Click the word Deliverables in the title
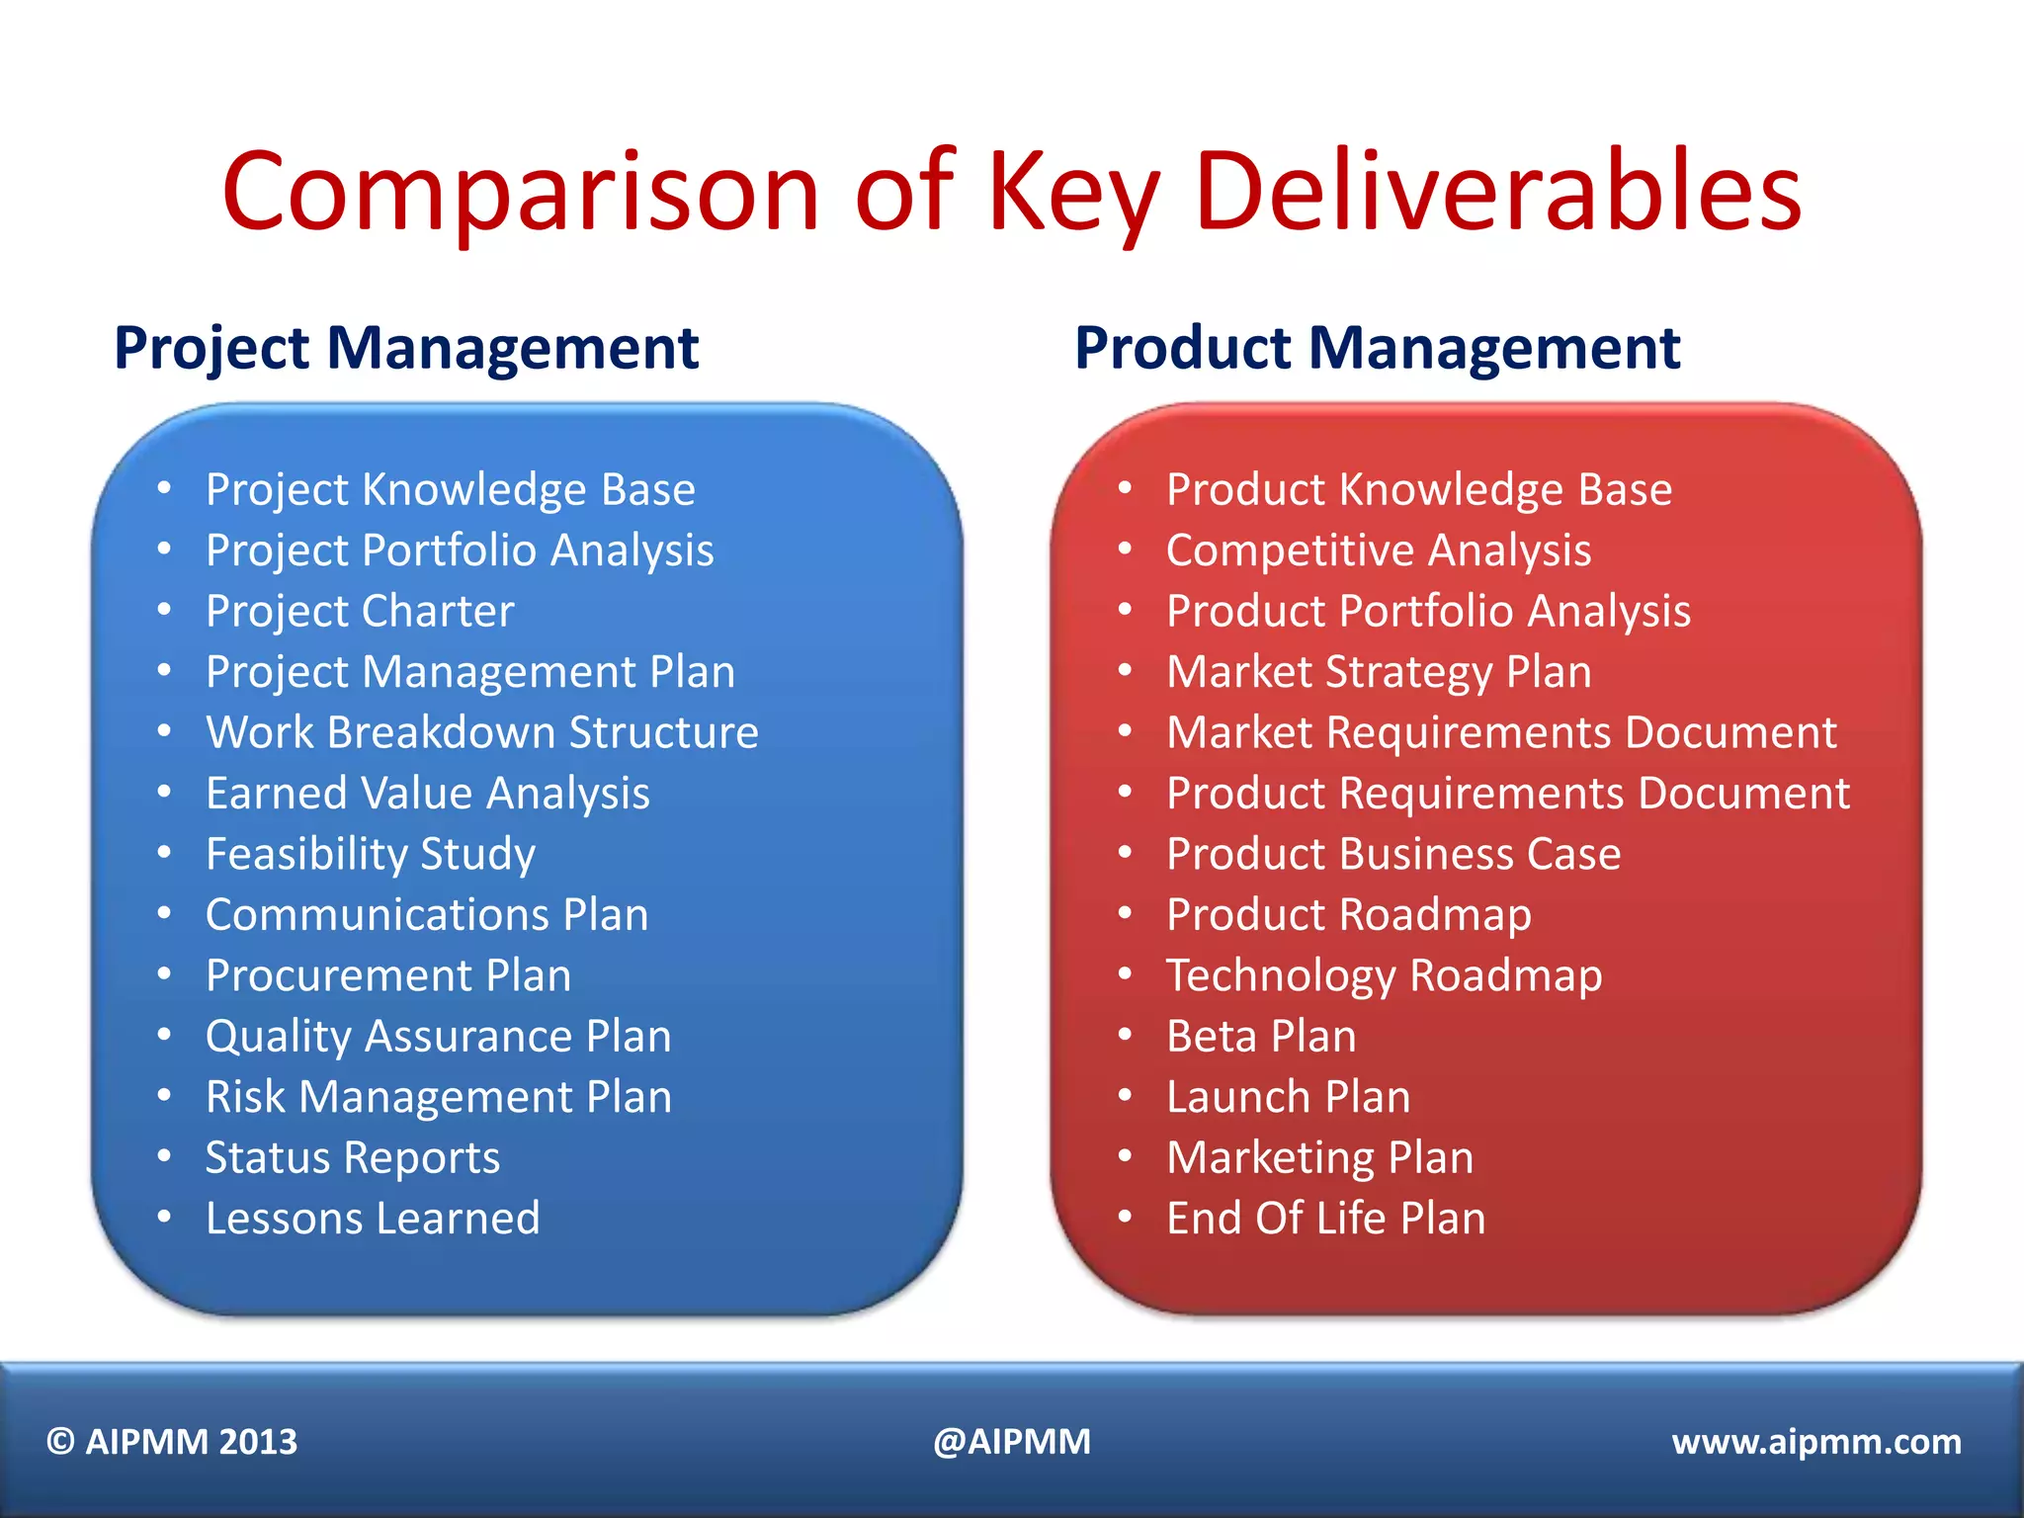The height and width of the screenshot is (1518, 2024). [1497, 190]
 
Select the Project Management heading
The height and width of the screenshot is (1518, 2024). [406, 349]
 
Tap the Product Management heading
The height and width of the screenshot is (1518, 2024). [1377, 349]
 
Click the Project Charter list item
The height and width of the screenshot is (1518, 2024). [360, 611]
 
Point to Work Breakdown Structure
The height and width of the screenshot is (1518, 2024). [482, 732]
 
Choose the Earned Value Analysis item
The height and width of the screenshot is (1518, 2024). [428, 794]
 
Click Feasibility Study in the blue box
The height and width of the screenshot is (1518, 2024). [371, 854]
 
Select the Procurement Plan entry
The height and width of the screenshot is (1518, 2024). [388, 975]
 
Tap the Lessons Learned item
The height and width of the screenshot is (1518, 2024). [373, 1218]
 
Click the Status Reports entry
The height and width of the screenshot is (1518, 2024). [353, 1157]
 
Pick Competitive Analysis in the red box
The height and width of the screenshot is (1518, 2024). [1379, 550]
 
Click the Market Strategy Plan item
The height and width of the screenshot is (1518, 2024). [1379, 672]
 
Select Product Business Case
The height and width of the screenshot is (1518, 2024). [1393, 854]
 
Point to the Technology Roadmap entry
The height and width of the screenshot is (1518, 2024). [1384, 975]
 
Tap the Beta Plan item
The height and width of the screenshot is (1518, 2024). [1261, 1037]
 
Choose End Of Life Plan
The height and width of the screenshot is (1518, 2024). [1325, 1218]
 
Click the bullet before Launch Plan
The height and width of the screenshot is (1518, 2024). [1125, 1095]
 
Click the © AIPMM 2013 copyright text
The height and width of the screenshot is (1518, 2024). [172, 1442]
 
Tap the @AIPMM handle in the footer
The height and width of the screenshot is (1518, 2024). [1012, 1442]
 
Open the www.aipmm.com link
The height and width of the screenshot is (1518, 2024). [1816, 1442]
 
